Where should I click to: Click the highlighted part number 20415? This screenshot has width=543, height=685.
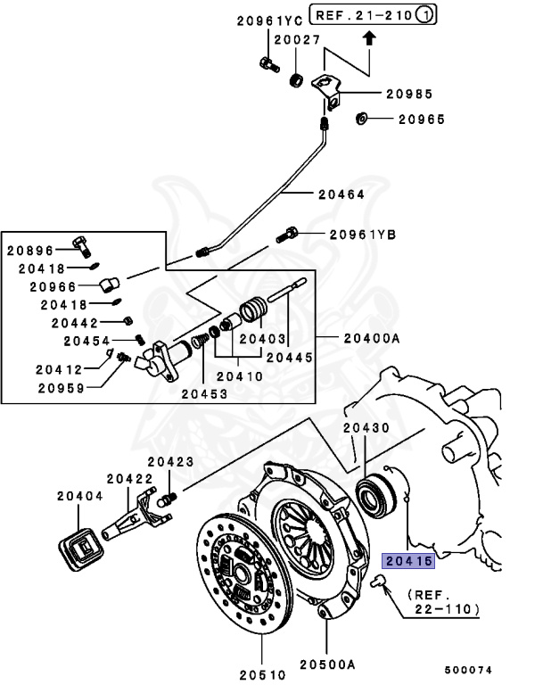[407, 561]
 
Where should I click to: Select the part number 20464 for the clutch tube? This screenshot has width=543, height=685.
[341, 194]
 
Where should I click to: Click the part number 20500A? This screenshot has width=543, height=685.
[326, 664]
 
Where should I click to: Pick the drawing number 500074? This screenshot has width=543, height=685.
[468, 669]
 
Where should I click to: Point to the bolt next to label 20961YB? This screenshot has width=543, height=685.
[292, 235]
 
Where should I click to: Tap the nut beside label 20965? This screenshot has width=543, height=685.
[362, 119]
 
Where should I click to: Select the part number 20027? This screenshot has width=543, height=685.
[297, 39]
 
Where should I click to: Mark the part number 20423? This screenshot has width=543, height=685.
[170, 461]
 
